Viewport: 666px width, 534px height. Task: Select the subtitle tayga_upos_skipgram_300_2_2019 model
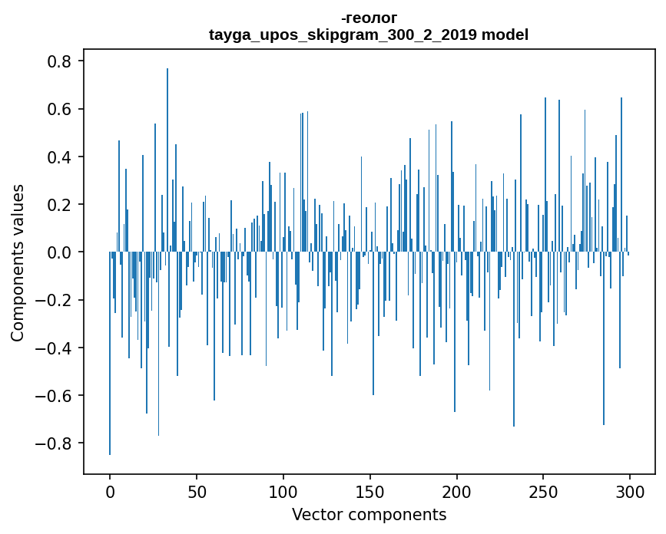[369, 35]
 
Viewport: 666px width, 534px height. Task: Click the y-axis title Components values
[18, 262]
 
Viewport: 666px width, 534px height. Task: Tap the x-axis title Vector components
[369, 514]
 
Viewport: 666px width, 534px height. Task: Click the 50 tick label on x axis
[197, 491]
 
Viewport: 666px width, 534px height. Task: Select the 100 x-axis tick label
[283, 491]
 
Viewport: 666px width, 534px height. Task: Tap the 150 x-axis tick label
[370, 491]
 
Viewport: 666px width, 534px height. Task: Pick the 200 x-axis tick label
[457, 491]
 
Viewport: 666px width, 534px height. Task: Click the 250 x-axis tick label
[544, 491]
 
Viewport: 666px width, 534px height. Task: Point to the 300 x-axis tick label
[631, 491]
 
